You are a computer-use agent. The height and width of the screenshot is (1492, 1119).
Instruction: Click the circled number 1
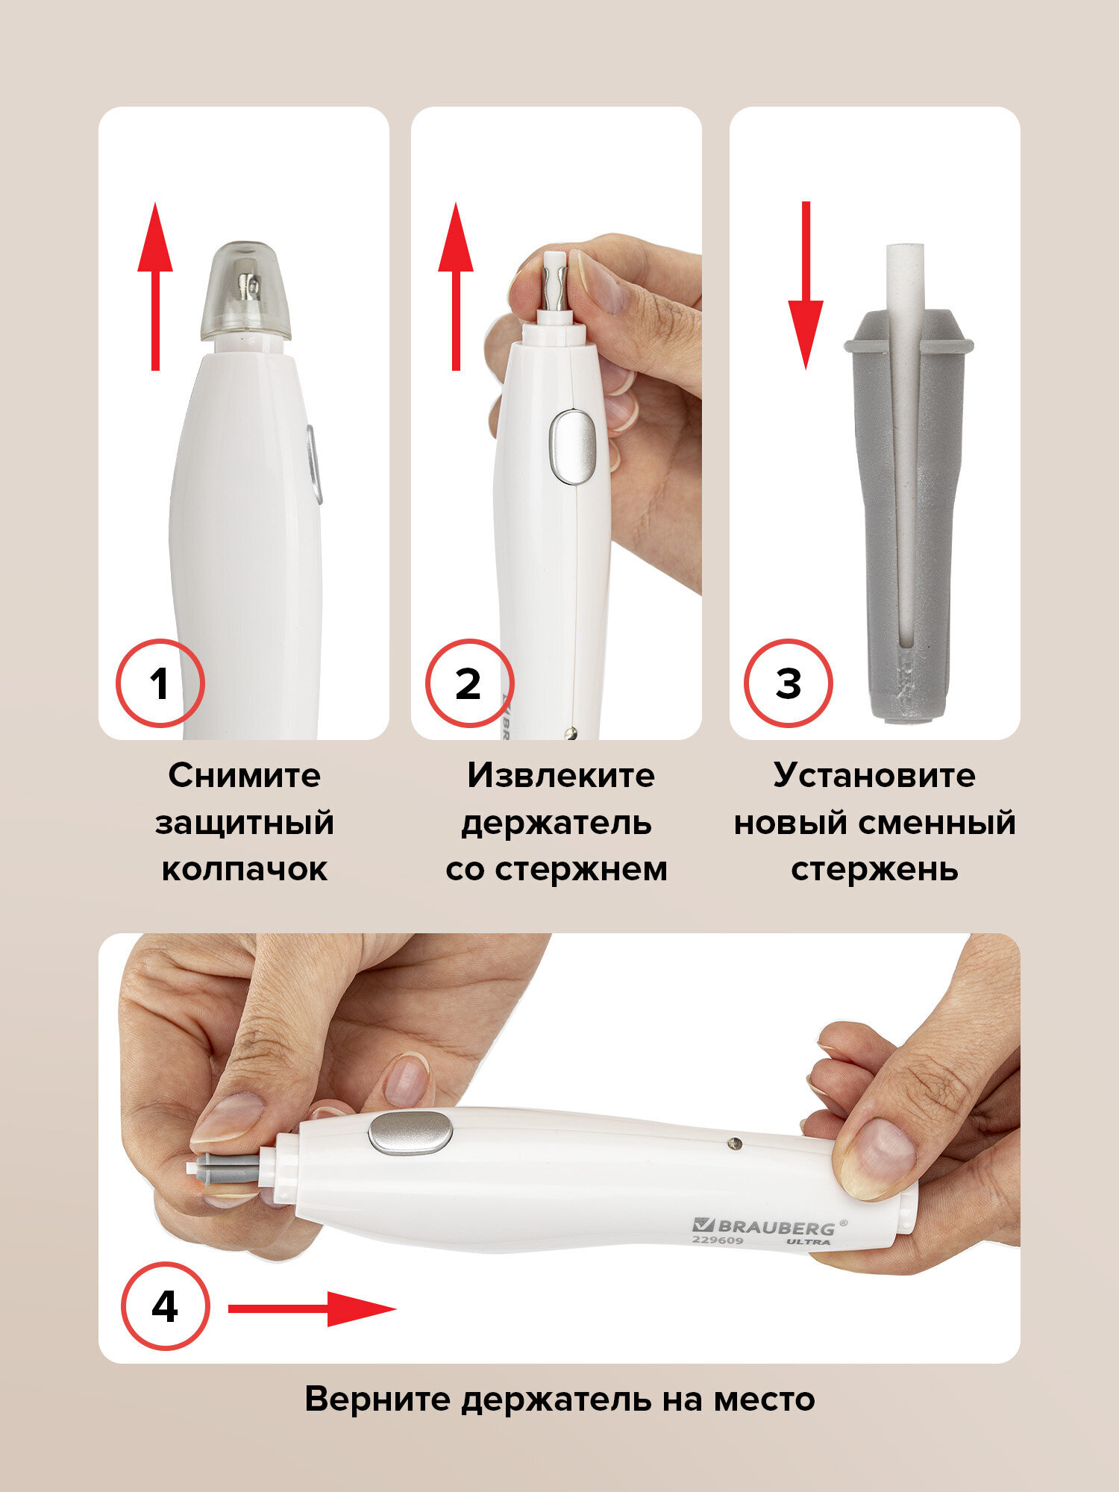pos(160,683)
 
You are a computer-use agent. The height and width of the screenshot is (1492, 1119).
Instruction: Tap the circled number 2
pos(469,683)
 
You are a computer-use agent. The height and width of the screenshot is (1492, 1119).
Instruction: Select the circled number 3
pos(788,683)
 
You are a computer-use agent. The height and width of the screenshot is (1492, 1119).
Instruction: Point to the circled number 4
pos(166,1306)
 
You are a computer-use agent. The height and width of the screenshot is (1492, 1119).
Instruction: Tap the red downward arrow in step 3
pos(806,285)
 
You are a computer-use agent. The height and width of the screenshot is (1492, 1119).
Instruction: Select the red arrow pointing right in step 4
pos(312,1308)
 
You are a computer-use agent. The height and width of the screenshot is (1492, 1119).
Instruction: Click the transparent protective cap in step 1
pos(245,292)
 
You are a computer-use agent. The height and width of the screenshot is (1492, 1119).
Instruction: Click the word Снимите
pos(245,775)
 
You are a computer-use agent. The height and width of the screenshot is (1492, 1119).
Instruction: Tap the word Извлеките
pos(561,775)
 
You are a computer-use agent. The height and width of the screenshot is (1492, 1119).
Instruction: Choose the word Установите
pos(874,775)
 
